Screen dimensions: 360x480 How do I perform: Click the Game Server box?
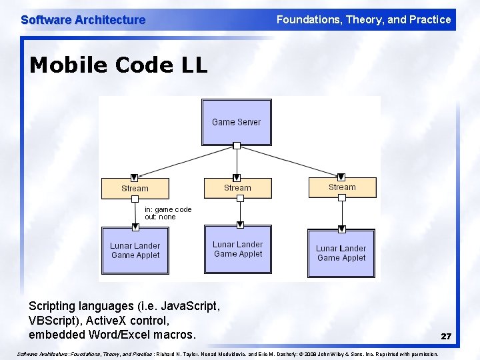point(236,122)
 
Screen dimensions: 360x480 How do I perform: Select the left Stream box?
point(134,189)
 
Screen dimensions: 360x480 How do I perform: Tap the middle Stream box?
point(237,188)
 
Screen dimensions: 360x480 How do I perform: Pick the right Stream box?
point(342,187)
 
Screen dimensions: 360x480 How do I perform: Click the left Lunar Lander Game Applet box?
point(135,250)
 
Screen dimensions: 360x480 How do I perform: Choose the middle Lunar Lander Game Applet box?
point(238,249)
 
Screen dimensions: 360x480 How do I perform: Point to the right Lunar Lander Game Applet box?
point(341,253)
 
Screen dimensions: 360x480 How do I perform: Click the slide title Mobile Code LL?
point(119,65)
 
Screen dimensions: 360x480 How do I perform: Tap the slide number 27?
point(446,337)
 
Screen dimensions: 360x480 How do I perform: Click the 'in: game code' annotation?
point(168,209)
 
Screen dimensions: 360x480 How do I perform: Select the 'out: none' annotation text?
point(160,217)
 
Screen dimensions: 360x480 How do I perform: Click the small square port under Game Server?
point(237,145)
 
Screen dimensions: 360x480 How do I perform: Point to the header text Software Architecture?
point(83,20)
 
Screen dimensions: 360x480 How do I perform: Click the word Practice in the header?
point(430,19)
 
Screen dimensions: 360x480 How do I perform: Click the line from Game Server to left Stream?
point(187,161)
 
